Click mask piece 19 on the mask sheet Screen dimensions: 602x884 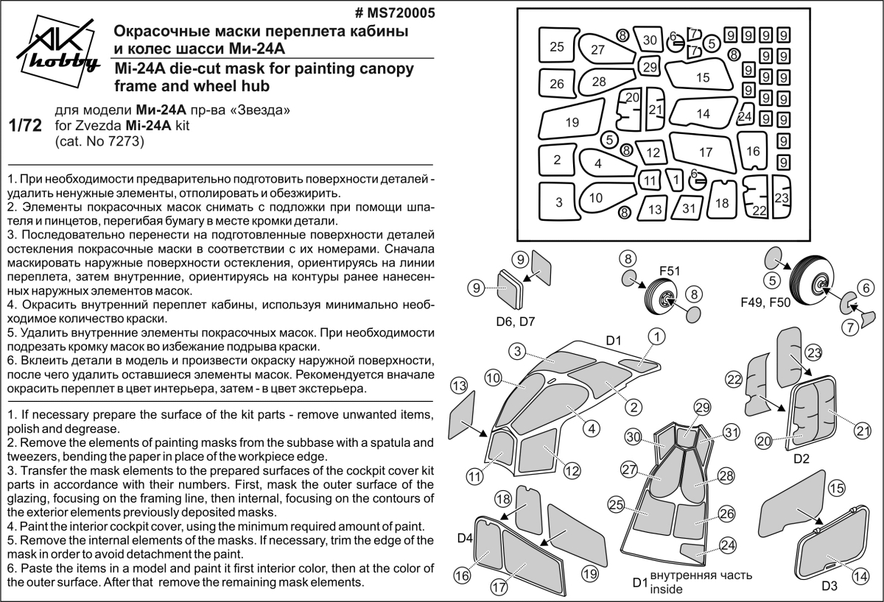572,123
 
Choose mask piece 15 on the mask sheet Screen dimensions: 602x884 702,77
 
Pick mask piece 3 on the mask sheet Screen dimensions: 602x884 559,201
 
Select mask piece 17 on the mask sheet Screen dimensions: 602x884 706,152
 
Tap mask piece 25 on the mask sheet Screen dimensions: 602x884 557,46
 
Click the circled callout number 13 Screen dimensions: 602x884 459,386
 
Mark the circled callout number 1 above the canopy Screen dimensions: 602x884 656,336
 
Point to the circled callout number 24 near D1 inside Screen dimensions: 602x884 728,545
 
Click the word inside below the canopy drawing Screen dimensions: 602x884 667,589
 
